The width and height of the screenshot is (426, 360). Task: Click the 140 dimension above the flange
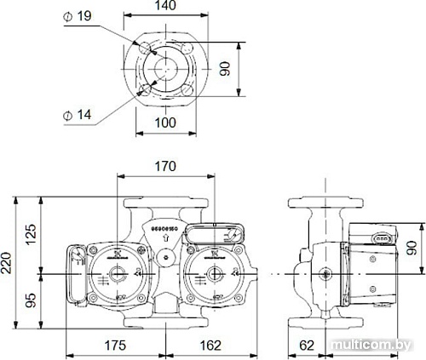[x=166, y=7]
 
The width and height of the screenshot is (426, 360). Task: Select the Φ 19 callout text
[x=80, y=16]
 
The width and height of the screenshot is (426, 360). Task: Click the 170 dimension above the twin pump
[x=166, y=167]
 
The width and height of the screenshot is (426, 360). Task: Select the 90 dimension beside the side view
[x=413, y=248]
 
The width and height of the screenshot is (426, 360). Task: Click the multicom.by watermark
[x=372, y=345]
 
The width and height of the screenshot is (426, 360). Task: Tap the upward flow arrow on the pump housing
[x=164, y=239]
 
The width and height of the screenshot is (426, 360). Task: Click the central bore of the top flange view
[x=166, y=67]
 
